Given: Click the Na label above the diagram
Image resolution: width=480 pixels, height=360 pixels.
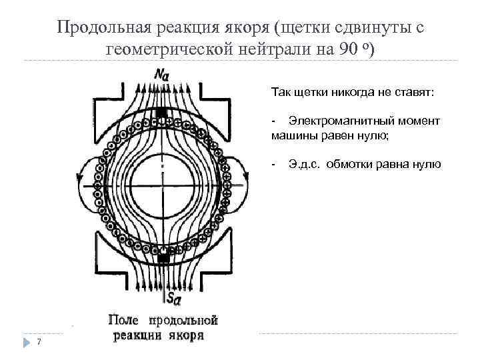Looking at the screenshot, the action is pyautogui.click(x=162, y=75).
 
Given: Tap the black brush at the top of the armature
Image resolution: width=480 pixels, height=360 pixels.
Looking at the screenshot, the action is pyautogui.click(x=161, y=113).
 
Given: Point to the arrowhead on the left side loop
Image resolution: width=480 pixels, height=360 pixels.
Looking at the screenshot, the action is pyautogui.click(x=79, y=177).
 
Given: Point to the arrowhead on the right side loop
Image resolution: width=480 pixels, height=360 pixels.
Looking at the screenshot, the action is pyautogui.click(x=248, y=177).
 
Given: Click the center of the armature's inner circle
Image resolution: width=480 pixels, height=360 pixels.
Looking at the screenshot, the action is pyautogui.click(x=162, y=185).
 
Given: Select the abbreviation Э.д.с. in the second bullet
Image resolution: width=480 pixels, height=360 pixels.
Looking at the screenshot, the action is pyautogui.click(x=305, y=163).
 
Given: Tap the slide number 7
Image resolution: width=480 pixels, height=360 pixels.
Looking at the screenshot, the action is pyautogui.click(x=39, y=342).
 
